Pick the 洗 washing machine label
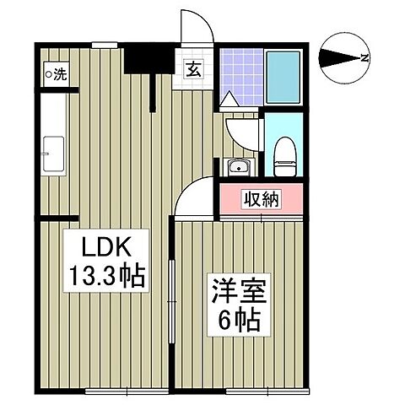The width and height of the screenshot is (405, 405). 59,73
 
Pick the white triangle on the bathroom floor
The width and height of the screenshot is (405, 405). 228,100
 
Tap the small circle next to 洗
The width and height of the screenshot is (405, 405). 48,73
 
